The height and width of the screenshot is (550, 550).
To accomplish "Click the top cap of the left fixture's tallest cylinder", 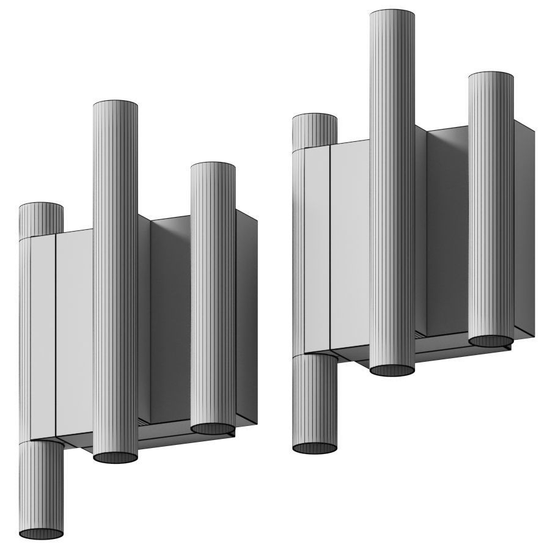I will coord(115,104).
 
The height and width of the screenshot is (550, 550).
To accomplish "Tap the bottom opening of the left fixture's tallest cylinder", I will coord(115,458).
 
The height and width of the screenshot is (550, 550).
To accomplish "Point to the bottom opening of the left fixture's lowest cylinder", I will coord(41,533).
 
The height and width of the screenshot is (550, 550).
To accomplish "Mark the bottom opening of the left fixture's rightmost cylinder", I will coord(213,428).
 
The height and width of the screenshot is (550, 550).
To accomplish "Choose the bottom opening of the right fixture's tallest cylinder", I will coord(392,370).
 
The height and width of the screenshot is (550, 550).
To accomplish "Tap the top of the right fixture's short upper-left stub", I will coord(315,117).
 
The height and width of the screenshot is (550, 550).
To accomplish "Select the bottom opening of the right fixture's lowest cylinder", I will coord(315,448).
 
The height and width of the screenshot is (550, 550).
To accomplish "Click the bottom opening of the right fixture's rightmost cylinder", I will coord(491,340).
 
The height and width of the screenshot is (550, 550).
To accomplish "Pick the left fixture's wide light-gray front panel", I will coord(74,330).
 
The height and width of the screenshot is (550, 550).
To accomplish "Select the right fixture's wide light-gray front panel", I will coord(350,244).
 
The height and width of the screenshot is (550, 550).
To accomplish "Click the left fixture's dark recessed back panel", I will coord(170,318).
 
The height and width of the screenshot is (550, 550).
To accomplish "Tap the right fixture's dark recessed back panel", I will coord(447,232).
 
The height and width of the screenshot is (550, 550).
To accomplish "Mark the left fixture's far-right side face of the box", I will coord(246,318).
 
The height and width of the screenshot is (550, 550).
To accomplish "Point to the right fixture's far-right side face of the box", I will coord(524,232).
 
